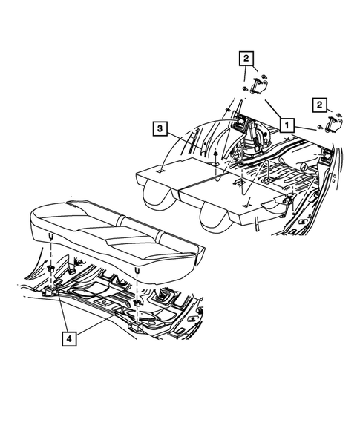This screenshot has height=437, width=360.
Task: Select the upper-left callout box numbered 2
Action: pyautogui.click(x=245, y=57)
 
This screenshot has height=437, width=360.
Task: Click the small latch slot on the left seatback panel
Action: pyautogui.click(x=160, y=171)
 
